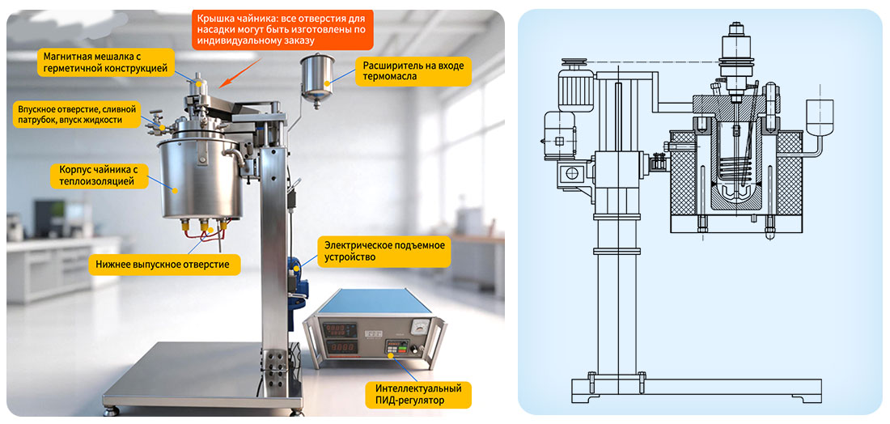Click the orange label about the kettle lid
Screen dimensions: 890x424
[x=282, y=28]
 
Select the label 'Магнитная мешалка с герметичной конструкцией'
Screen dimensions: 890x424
[x=106, y=62]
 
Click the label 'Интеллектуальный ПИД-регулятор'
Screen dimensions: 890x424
[x=418, y=395]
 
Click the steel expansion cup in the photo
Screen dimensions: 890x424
[x=317, y=78]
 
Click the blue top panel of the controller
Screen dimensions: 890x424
[x=374, y=301]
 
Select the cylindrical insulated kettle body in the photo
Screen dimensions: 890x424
[x=197, y=179]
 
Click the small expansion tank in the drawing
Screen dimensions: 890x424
[x=819, y=118]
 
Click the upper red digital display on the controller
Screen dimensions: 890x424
[x=338, y=330]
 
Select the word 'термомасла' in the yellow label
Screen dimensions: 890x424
[x=384, y=78]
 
